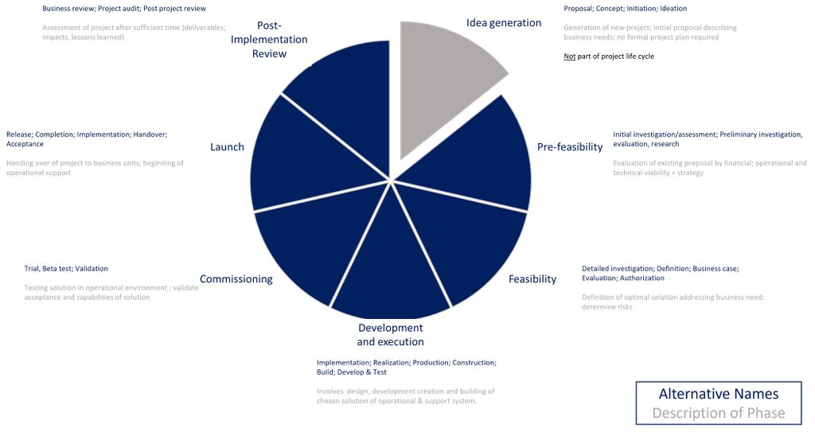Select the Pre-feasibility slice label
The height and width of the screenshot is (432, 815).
click(570, 147)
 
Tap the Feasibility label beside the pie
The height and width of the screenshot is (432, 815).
click(532, 279)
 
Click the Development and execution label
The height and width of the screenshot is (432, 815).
click(390, 335)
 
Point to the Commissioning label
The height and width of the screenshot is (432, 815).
click(236, 279)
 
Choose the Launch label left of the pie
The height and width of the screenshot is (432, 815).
click(227, 147)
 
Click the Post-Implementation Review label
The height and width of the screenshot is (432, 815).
click(269, 39)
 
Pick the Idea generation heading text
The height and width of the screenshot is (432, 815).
click(504, 22)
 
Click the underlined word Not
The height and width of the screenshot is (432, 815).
click(569, 56)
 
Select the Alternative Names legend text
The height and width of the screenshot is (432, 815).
click(718, 394)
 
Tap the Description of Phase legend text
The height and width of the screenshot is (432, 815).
click(718, 413)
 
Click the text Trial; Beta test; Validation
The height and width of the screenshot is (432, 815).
click(66, 269)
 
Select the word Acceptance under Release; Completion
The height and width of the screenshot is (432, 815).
click(25, 144)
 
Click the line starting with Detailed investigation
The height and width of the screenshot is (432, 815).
click(660, 269)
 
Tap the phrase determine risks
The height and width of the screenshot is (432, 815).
click(607, 307)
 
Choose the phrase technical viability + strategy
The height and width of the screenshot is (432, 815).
click(658, 173)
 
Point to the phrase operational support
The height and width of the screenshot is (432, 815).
click(38, 173)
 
